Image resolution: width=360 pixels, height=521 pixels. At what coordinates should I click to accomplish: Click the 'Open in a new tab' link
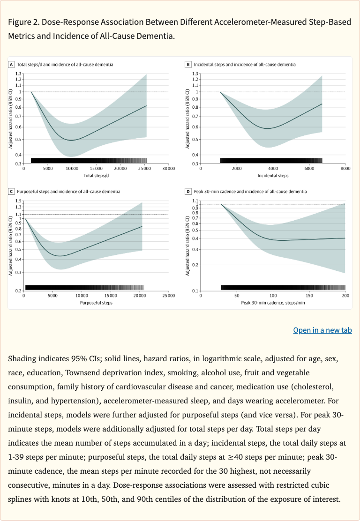tap(322, 330)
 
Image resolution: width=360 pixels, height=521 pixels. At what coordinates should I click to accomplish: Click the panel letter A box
tap(11, 64)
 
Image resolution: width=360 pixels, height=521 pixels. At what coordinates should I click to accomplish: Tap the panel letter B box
tap(188, 64)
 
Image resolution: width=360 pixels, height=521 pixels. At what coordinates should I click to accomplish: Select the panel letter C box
tap(11, 192)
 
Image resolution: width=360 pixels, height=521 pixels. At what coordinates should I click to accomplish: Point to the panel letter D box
tap(188, 192)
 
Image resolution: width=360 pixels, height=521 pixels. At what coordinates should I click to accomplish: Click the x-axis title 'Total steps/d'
tap(96, 176)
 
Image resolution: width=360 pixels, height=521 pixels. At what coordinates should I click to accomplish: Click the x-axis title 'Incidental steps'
tap(273, 176)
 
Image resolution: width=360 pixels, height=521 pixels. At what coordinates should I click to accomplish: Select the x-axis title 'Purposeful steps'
tap(96, 303)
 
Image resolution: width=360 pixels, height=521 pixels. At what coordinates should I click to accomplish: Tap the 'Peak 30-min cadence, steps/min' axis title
tap(273, 303)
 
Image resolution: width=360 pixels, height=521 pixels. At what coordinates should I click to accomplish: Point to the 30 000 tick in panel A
tap(168, 169)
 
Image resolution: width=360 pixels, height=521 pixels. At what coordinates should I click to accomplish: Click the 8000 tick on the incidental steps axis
tap(345, 169)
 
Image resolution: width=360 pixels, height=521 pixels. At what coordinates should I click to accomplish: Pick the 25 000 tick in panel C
tap(168, 296)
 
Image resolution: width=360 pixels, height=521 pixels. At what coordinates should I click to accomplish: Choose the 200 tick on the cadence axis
tap(345, 296)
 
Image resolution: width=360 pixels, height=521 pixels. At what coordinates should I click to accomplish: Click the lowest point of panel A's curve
tap(71, 140)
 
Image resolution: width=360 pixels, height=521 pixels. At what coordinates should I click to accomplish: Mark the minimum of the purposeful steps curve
tap(61, 256)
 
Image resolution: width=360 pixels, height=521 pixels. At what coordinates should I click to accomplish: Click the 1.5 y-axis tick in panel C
tap(19, 201)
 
